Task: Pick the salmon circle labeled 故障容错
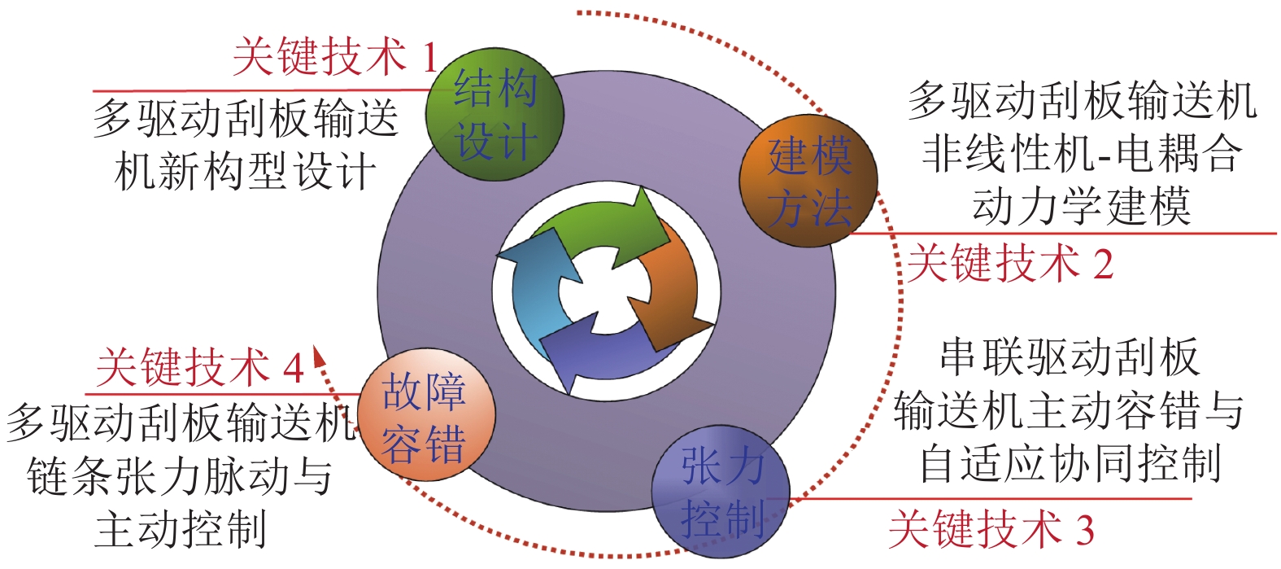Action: [x=425, y=418]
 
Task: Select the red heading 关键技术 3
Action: [x=991, y=529]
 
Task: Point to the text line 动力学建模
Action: [x=1081, y=207]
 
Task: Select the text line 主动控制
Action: [x=181, y=529]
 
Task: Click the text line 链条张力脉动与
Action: [x=181, y=476]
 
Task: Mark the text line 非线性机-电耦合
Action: [x=1082, y=153]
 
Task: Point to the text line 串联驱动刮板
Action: [x=1070, y=358]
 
